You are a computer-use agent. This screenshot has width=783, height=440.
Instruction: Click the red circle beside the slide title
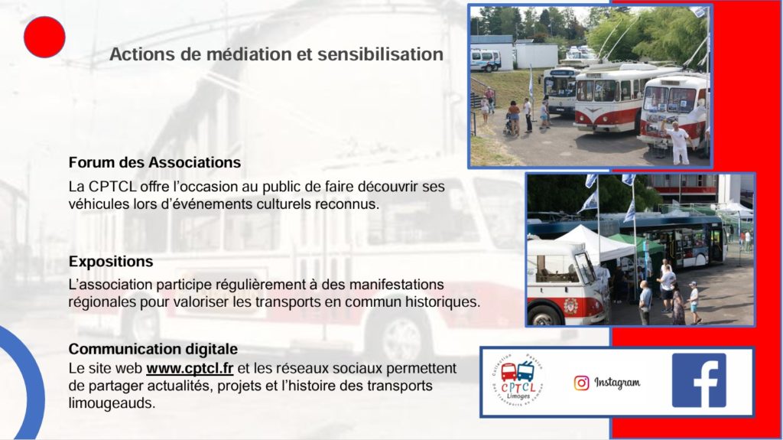pyautogui.click(x=44, y=37)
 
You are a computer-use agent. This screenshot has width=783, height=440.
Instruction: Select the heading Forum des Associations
pyautogui.click(x=154, y=162)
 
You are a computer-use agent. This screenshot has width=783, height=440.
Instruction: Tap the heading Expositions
pyautogui.click(x=111, y=262)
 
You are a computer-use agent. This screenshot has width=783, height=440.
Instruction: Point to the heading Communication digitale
pyautogui.click(x=153, y=348)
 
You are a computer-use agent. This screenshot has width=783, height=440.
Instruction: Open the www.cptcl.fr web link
pyautogui.click(x=190, y=369)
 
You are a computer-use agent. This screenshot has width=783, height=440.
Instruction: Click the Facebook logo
pyautogui.click(x=699, y=380)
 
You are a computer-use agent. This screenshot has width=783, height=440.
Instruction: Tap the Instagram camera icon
pyautogui.click(x=581, y=383)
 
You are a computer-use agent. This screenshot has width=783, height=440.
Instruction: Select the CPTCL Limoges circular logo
pyautogui.click(x=518, y=381)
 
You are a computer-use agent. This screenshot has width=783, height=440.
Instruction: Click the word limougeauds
pyautogui.click(x=112, y=403)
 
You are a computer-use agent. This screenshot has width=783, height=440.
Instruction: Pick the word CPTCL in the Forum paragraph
pyautogui.click(x=112, y=187)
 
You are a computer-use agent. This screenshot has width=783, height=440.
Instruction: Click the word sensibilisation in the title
pyautogui.click(x=380, y=54)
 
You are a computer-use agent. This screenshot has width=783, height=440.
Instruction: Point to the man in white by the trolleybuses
pyautogui.click(x=679, y=142)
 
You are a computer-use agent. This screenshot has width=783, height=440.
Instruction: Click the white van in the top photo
pyautogui.click(x=485, y=60)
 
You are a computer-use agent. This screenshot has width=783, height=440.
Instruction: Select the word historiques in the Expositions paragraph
pyautogui.click(x=442, y=302)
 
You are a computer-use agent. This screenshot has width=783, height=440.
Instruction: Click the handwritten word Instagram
pyautogui.click(x=617, y=383)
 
